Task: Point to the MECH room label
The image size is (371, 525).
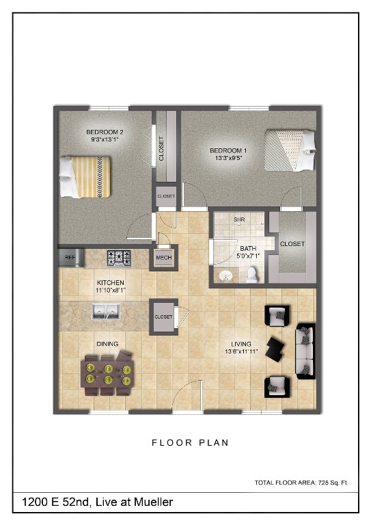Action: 163,258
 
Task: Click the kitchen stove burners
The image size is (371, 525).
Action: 118,258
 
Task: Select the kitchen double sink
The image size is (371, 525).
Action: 105,313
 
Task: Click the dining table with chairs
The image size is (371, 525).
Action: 107,373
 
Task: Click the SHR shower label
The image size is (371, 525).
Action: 239,220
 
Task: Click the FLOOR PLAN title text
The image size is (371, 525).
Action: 189,443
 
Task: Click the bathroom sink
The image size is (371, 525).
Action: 225,275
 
